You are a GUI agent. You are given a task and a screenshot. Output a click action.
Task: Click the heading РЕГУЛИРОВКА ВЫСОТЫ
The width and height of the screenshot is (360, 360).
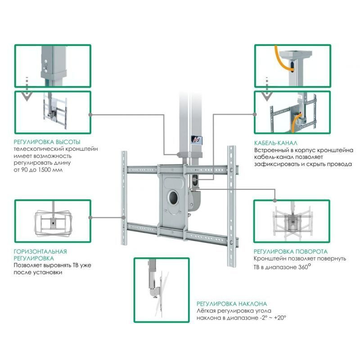point(47,142)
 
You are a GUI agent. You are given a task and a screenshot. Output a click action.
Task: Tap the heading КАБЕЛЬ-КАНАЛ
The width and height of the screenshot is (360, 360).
point(275,142)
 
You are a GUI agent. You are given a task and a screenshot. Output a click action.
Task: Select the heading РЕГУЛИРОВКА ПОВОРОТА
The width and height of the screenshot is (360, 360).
point(291,251)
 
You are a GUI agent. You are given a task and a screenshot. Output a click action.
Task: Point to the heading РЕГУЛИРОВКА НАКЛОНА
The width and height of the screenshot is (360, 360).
point(231,304)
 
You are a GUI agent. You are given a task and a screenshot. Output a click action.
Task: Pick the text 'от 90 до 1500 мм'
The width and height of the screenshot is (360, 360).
point(38,170)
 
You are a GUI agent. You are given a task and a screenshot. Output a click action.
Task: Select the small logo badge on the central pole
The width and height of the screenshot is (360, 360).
point(195,140)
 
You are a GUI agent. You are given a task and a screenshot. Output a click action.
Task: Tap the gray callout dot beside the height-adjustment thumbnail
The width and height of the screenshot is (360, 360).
point(91,115)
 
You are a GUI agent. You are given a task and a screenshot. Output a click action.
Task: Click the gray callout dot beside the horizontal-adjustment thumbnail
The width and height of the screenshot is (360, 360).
point(91,217)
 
